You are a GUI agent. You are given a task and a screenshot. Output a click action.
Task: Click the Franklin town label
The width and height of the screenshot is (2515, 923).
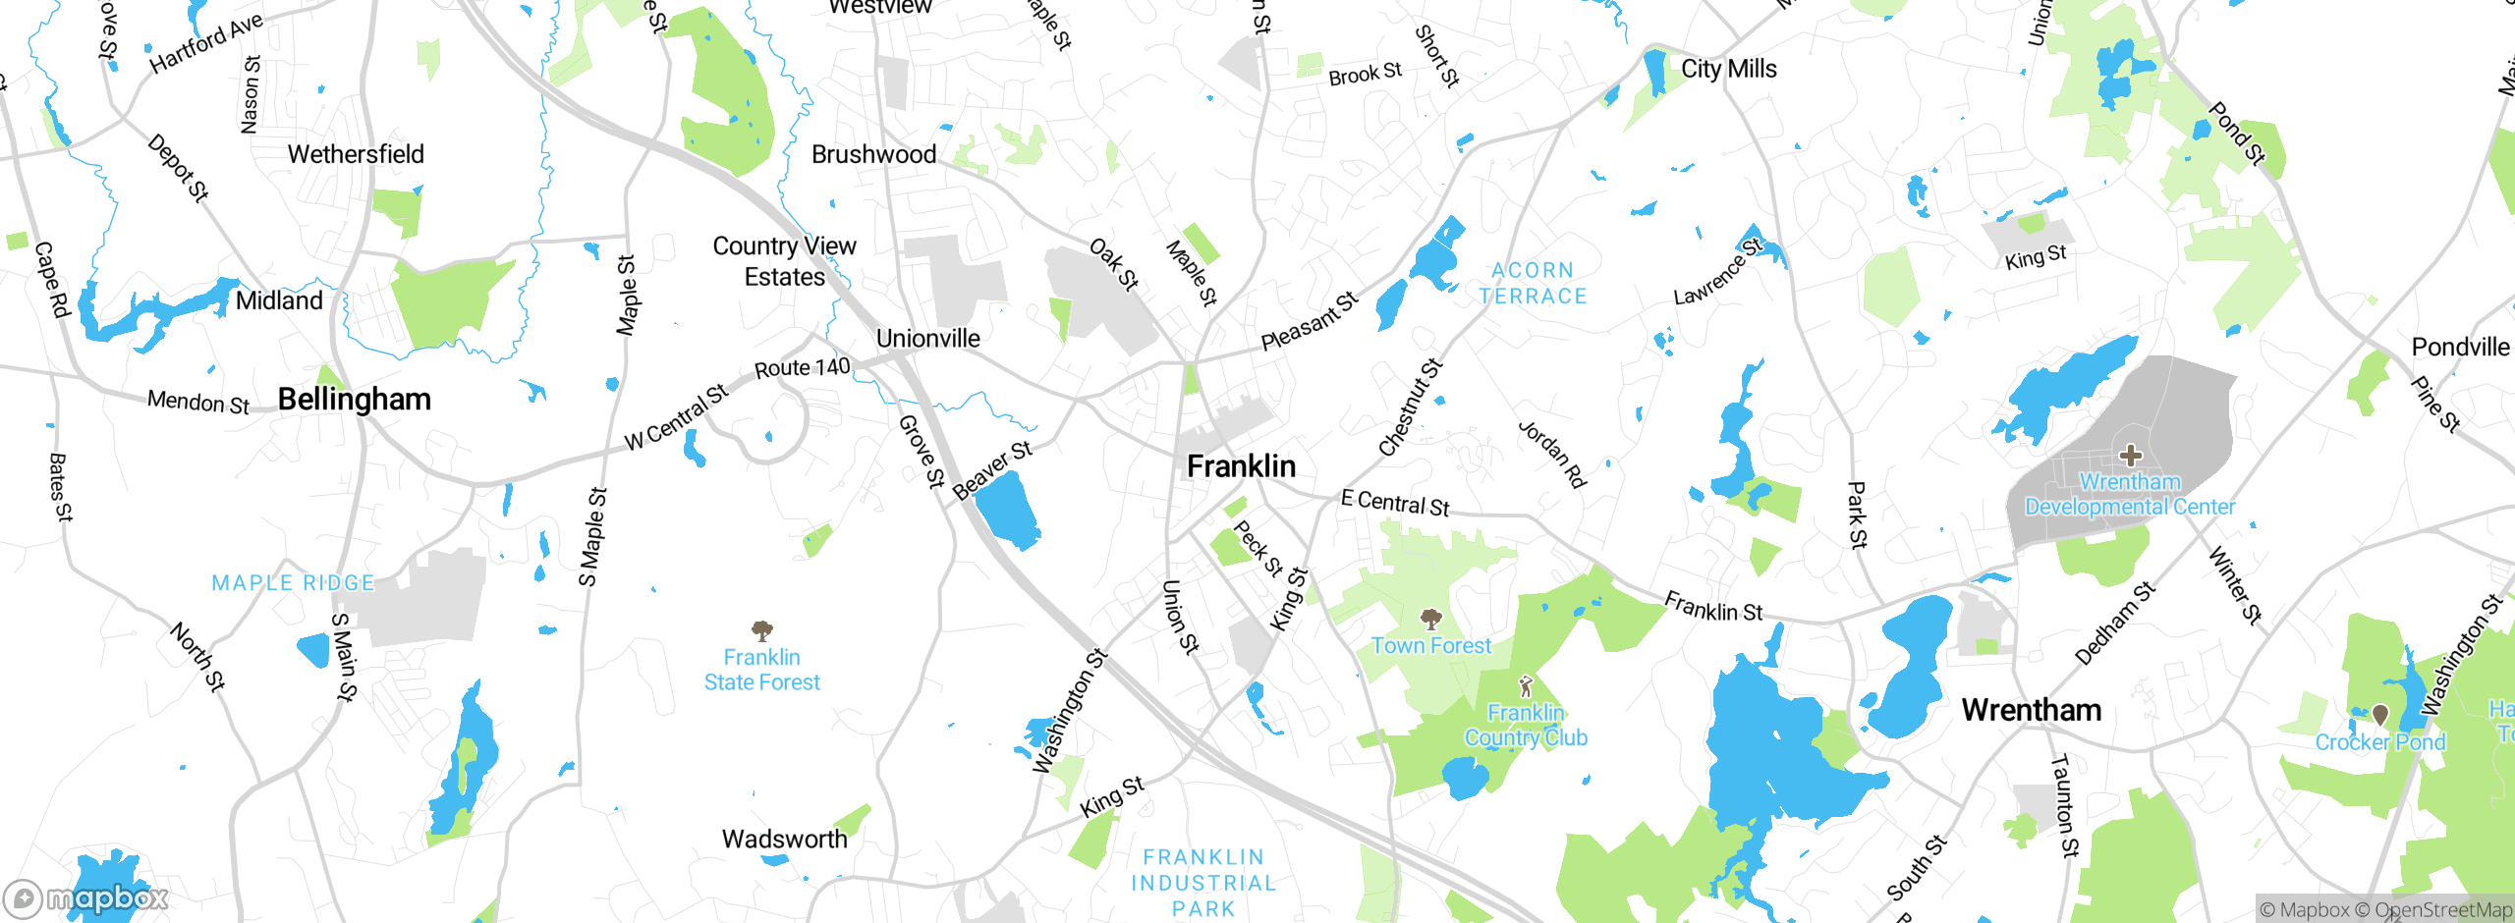click(x=1241, y=465)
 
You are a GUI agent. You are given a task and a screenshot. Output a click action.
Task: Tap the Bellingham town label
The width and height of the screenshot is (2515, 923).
click(x=354, y=399)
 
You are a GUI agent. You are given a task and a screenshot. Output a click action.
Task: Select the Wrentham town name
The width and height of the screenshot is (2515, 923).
click(x=2031, y=709)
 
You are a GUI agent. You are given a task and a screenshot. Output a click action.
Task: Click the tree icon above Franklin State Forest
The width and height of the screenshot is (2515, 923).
click(x=761, y=629)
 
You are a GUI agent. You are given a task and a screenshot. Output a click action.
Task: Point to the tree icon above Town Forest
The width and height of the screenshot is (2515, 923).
click(x=1430, y=619)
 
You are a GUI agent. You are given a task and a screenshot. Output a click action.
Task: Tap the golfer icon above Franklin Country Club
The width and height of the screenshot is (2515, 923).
click(x=1525, y=685)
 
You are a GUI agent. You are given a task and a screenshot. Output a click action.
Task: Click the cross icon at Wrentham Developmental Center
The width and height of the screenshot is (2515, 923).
click(x=2130, y=455)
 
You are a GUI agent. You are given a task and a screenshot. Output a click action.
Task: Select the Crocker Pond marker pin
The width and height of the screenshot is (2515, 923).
click(x=2379, y=714)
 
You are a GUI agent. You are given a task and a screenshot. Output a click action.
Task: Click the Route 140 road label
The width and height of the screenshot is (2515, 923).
click(x=802, y=367)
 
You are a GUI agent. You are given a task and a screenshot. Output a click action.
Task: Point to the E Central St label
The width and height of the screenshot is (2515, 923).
click(x=1394, y=503)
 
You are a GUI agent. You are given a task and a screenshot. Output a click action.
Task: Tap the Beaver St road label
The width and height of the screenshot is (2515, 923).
click(x=992, y=469)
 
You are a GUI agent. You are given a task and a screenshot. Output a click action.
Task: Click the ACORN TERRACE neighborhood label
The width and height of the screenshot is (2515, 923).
click(x=1533, y=283)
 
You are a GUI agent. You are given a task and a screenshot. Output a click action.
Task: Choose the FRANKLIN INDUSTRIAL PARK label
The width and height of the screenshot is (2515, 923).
click(x=1203, y=883)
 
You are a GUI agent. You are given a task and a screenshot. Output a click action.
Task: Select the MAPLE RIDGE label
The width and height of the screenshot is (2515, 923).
click(x=293, y=583)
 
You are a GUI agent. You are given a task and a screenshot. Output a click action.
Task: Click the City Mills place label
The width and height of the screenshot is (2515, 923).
click(x=1728, y=69)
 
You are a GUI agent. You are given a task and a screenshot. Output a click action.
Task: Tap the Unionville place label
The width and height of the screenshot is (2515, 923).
click(x=927, y=339)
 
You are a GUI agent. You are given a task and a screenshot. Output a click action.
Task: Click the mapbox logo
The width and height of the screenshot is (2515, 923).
click(x=86, y=897)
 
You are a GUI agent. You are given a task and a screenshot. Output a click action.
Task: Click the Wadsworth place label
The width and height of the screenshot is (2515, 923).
click(x=784, y=839)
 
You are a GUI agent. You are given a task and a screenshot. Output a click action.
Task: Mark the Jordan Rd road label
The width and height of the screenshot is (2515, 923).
click(x=1551, y=455)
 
